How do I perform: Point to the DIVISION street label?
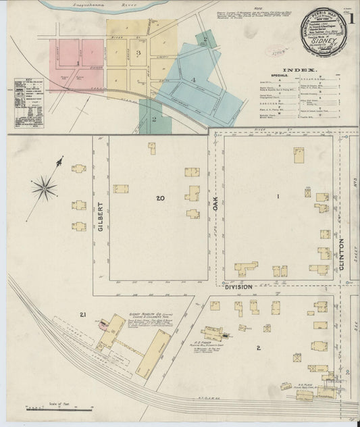(x=238, y=286)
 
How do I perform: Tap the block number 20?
(x=159, y=198)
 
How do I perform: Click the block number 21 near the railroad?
(x=83, y=315)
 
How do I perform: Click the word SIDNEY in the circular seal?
(x=322, y=40)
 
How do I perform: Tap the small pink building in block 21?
(x=103, y=324)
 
